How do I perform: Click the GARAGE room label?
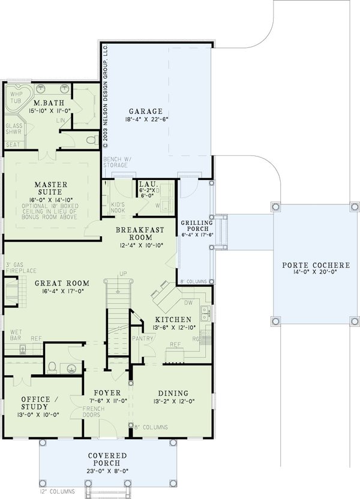[x=145, y=111]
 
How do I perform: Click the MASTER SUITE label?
[x=50, y=188]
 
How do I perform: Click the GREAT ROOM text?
[x=62, y=283]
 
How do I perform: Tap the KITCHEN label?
[x=173, y=320]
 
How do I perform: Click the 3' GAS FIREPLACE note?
[x=17, y=268]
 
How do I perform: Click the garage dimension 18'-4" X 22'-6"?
[x=145, y=119]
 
